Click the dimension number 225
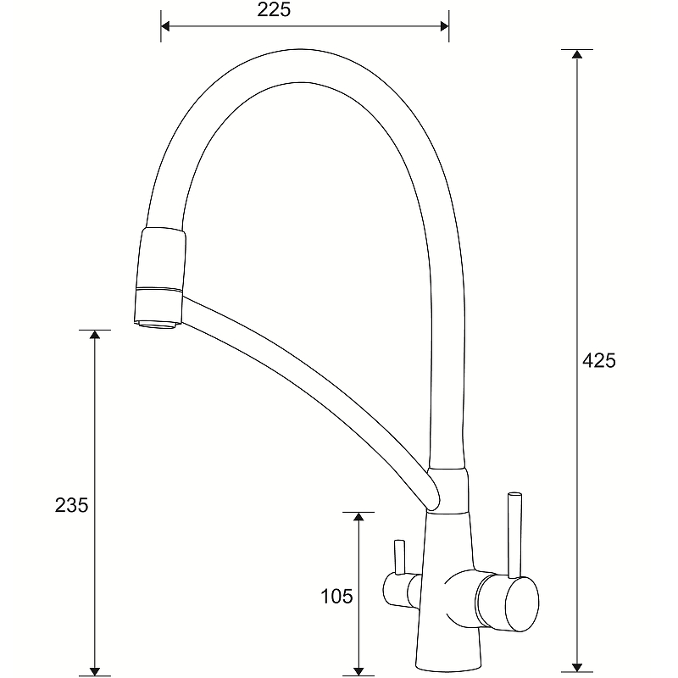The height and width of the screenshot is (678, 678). point(274,9)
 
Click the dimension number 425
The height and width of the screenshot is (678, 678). point(598,360)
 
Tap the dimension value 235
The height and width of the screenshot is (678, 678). point(71,504)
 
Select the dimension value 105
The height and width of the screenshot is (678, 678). point(336,597)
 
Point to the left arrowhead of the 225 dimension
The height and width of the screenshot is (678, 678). point(165,26)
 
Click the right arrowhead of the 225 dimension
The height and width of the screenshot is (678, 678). point(444,26)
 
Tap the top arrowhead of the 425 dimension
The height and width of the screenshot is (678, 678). point(577,53)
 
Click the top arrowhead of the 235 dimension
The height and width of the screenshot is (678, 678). point(95,334)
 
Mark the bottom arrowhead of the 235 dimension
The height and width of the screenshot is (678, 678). point(95,671)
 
